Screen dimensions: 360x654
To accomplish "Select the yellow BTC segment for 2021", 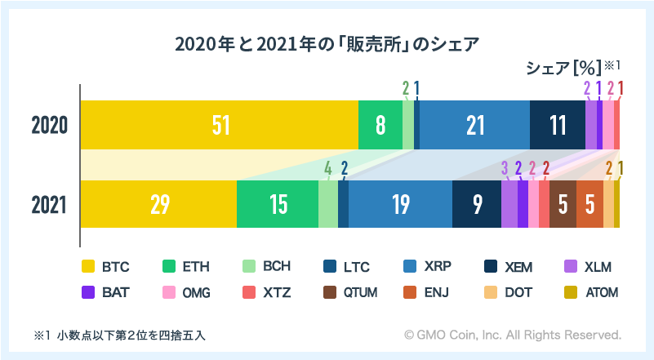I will pyautogui.click(x=158, y=204).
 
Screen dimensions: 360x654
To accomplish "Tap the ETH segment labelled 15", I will pyautogui.click(x=278, y=204).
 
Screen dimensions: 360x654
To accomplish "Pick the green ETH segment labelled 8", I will pyautogui.click(x=380, y=125).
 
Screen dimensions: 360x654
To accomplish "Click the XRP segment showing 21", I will pyautogui.click(x=475, y=125).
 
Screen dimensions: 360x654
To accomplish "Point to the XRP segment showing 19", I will pyautogui.click(x=400, y=204).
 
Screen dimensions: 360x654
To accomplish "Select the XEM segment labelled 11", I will pyautogui.click(x=558, y=125).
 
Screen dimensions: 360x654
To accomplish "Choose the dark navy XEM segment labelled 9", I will pyautogui.click(x=477, y=204).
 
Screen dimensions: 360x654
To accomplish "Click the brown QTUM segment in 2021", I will pyautogui.click(x=563, y=204).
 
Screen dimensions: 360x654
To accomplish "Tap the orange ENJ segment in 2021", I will pyautogui.click(x=589, y=204).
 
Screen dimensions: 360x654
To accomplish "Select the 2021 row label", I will pyautogui.click(x=49, y=204).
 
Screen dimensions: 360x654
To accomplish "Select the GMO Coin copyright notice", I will pyautogui.click(x=513, y=335).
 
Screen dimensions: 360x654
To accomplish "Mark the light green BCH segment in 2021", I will pyautogui.click(x=328, y=204).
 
